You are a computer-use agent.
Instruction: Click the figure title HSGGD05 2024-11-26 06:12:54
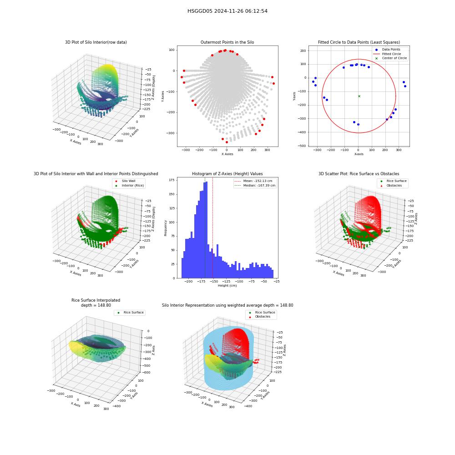point(227,11)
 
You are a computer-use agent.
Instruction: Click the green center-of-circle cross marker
point(359,96)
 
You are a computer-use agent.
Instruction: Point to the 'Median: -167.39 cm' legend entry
point(254,186)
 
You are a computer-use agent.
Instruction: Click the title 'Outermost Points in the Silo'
point(227,42)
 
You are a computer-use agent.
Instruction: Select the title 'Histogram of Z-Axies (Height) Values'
point(227,173)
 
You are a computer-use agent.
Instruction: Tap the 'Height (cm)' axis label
point(227,286)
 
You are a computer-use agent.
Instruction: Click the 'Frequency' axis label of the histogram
point(166,228)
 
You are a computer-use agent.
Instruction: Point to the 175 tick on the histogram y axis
point(172,180)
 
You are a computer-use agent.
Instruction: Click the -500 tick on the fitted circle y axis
point(303,146)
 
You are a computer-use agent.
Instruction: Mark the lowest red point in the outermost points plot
point(227,142)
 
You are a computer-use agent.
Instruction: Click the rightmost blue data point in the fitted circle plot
point(405,86)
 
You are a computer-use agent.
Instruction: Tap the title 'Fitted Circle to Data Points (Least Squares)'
point(359,42)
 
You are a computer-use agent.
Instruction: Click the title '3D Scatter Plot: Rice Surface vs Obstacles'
point(359,173)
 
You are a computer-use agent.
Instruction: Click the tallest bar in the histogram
point(206,230)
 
